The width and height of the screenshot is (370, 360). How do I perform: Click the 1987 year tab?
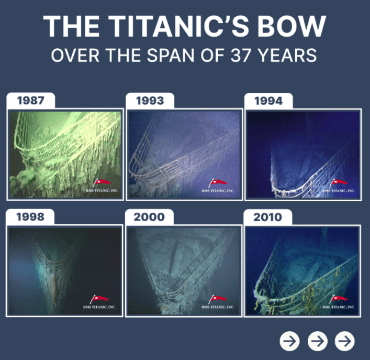tap(31, 101)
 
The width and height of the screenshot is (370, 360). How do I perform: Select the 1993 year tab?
tap(150, 101)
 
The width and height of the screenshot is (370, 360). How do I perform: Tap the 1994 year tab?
tap(268, 101)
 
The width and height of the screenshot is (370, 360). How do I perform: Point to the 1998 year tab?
tap(30, 217)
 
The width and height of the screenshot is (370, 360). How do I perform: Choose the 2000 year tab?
tap(149, 217)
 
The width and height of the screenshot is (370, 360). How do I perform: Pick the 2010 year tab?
tap(268, 217)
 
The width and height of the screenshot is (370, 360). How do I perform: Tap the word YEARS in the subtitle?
tap(287, 56)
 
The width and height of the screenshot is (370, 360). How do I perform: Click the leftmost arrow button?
tap(289, 341)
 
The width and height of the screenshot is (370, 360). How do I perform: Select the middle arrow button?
tap(317, 341)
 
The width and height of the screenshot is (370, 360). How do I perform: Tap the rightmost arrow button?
tap(345, 341)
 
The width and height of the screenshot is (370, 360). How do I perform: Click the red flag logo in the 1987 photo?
tap(102, 183)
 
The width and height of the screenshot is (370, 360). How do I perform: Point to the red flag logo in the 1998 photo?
tap(99, 299)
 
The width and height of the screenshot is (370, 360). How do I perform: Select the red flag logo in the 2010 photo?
tap(339, 299)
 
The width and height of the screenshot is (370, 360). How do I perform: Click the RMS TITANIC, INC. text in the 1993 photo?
tap(218, 191)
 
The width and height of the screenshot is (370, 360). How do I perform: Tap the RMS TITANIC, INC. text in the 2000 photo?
tap(218, 307)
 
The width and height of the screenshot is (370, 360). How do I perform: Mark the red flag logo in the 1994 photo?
tap(339, 183)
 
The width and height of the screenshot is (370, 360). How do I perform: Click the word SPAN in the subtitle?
tap(171, 56)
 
